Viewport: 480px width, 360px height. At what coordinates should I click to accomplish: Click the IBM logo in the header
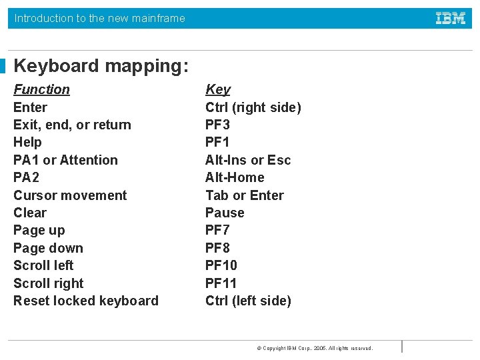point(451,19)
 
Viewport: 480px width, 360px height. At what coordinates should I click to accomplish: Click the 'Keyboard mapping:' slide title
point(101,66)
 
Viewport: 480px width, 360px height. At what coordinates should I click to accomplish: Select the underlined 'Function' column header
point(41,89)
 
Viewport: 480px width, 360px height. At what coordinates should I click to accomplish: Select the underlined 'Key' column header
point(218,89)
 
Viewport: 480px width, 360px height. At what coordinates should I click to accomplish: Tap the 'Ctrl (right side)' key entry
point(253,107)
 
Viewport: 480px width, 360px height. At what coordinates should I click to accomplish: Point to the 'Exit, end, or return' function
point(72,125)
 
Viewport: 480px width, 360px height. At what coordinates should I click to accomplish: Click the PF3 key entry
point(217,125)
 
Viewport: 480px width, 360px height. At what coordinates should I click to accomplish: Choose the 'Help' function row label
point(27,142)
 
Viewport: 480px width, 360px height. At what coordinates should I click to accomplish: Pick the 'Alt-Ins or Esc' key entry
point(248,160)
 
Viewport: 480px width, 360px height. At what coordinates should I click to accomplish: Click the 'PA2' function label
point(27,177)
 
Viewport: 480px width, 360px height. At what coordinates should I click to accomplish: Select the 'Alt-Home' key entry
point(235,177)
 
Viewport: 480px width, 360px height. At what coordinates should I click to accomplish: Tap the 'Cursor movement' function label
point(70,195)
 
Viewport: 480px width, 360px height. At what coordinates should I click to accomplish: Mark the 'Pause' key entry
point(225,213)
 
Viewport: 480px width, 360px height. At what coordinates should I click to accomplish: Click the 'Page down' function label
point(48,248)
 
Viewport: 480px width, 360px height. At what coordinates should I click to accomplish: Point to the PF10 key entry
point(221,265)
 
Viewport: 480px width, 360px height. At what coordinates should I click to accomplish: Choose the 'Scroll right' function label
point(49,283)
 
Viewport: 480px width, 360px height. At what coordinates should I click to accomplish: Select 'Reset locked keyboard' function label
point(86,301)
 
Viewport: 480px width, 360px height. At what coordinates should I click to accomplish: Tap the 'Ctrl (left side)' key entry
point(248,301)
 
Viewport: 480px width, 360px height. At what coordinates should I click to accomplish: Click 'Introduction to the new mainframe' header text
point(100,19)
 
